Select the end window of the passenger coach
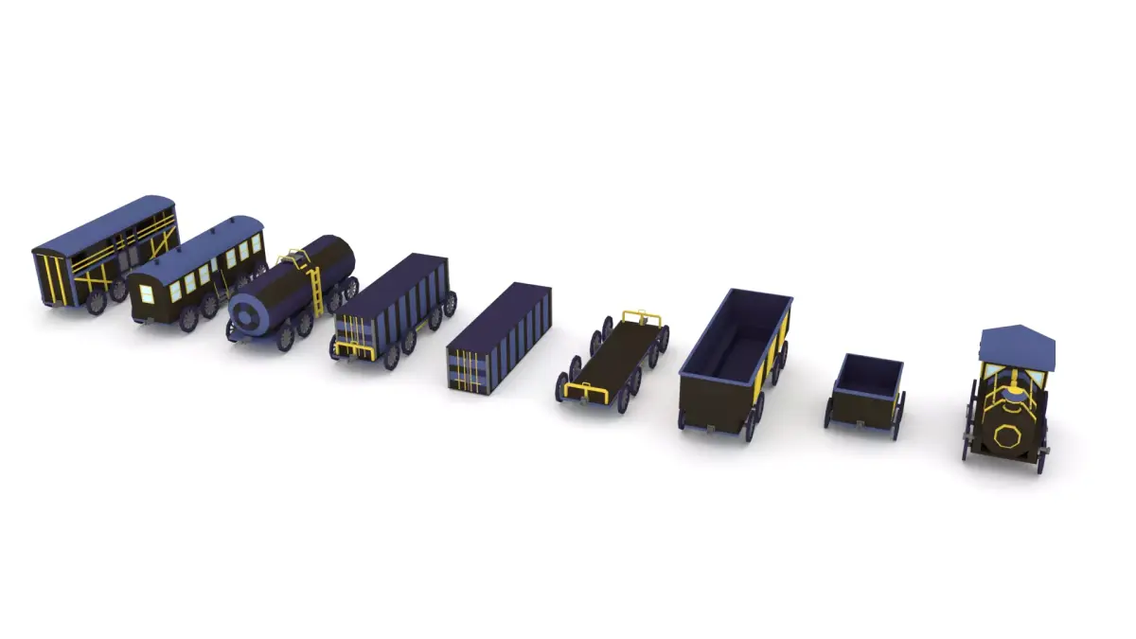(x=147, y=293)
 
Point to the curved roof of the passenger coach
(x=199, y=242)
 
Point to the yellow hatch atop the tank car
(x=296, y=256)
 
